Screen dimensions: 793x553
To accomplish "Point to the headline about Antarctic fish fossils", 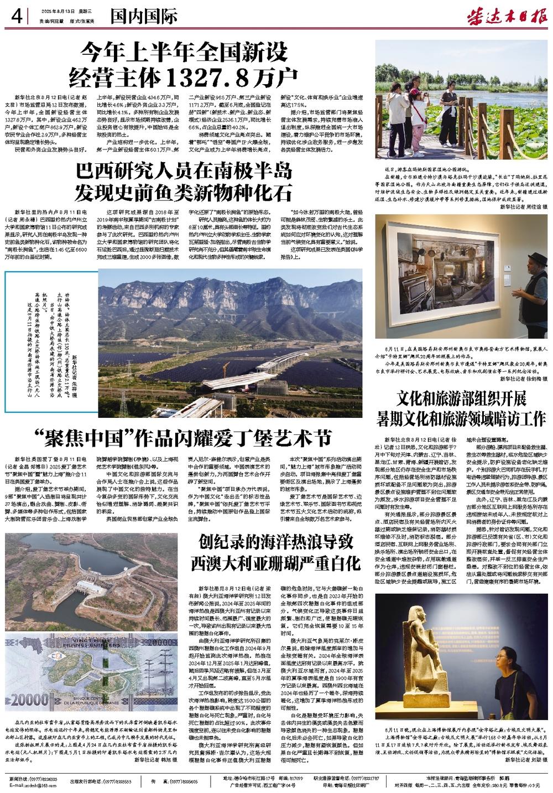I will tap(184, 182).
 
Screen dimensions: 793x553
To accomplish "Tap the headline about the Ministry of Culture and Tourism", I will tap(462, 407).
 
